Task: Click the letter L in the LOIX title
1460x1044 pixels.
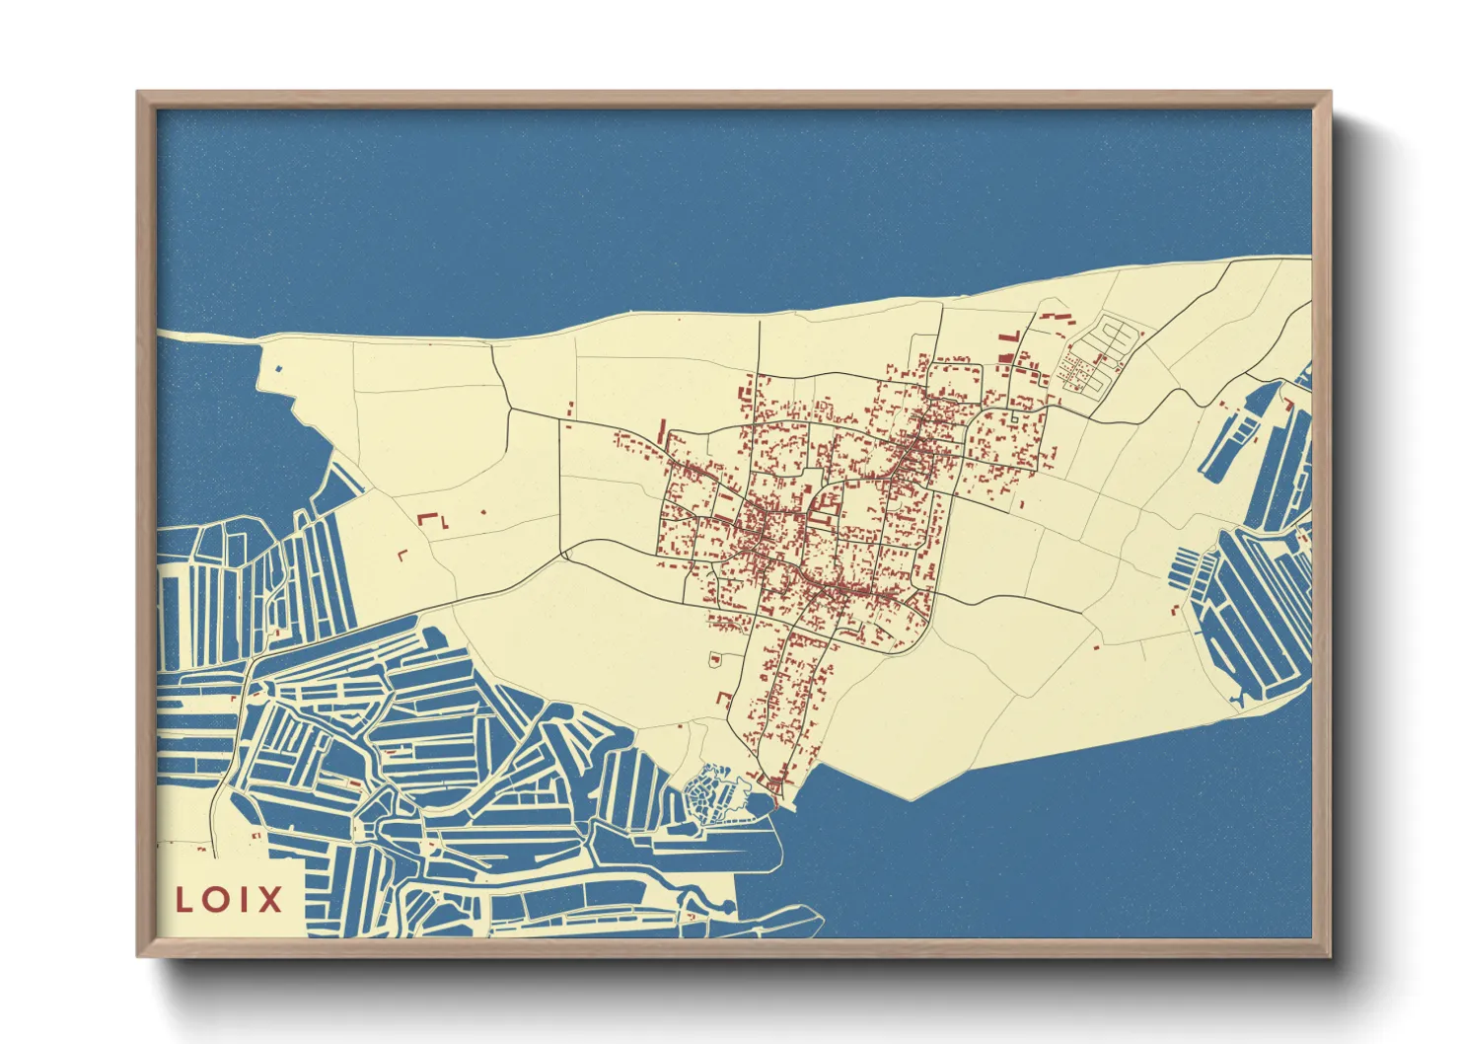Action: click(184, 900)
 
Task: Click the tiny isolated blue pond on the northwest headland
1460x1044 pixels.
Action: click(278, 369)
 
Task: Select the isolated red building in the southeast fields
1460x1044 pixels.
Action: click(1096, 647)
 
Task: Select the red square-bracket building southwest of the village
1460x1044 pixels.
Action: click(724, 700)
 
